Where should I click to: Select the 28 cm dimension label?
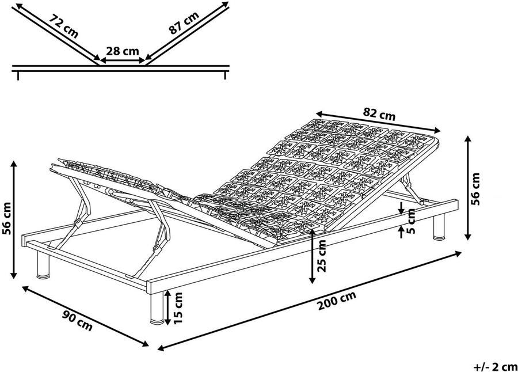pyautogui.click(x=123, y=51)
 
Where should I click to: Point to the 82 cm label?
pyautogui.click(x=380, y=113)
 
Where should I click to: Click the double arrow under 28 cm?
pyautogui.click(x=123, y=59)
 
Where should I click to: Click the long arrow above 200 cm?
pyautogui.click(x=311, y=300)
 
